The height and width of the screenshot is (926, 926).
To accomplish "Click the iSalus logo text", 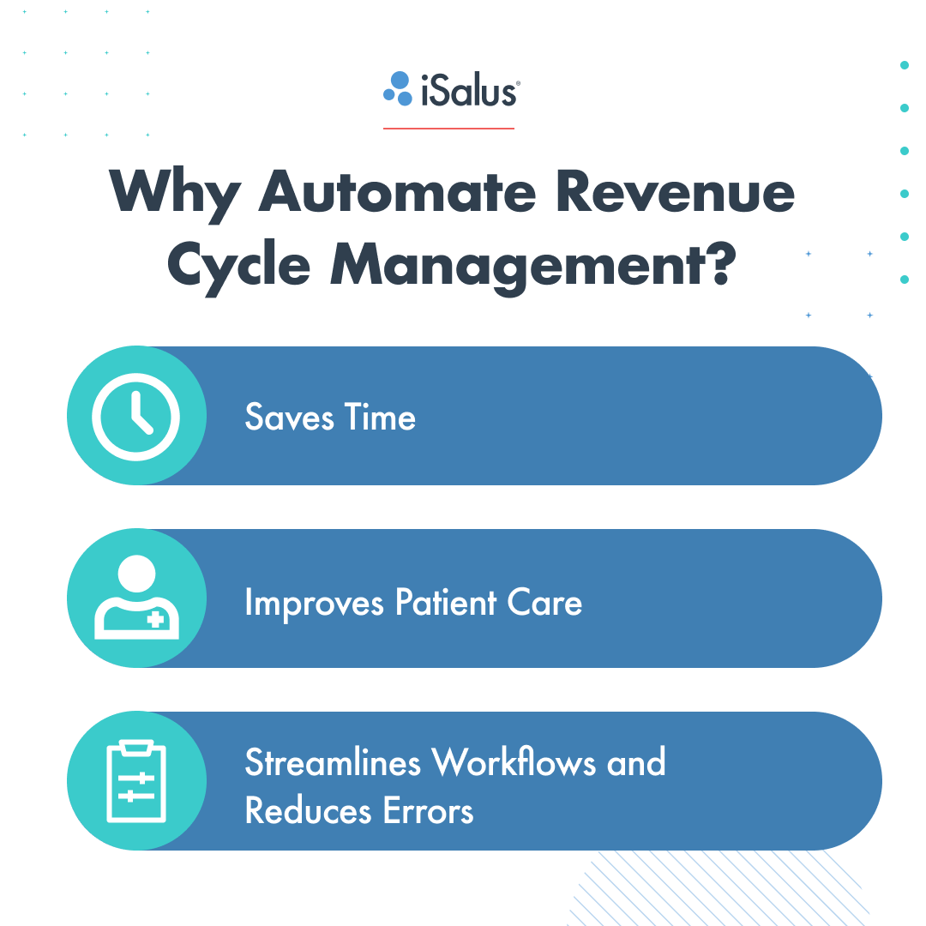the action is click(468, 89).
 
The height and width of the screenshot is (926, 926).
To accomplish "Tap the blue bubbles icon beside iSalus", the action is click(398, 88).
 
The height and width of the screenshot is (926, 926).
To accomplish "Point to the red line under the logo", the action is click(448, 129).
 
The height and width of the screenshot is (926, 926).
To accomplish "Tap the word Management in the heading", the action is click(511, 265).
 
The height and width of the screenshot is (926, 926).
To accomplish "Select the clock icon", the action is click(136, 417).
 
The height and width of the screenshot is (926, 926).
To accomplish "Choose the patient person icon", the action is click(136, 598).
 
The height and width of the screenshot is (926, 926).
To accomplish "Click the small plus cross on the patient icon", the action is click(155, 619).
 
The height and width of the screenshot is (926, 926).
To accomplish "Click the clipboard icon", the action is click(136, 781).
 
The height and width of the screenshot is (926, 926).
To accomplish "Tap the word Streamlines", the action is click(333, 762).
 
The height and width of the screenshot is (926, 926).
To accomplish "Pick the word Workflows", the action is click(514, 762).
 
